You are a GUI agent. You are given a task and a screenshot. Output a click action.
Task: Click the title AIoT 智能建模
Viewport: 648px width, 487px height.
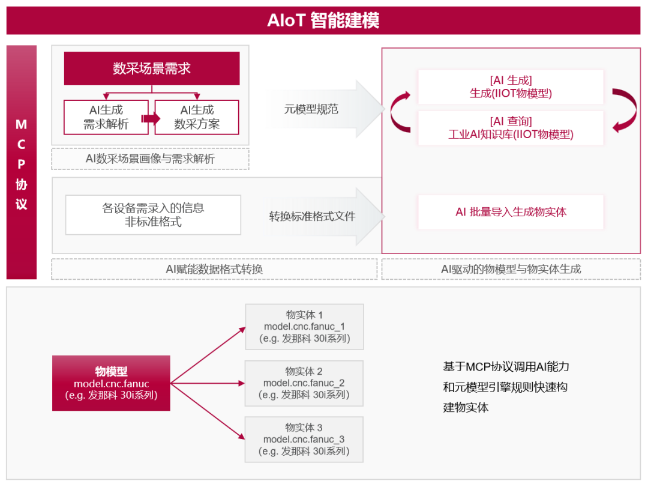(x=323, y=20)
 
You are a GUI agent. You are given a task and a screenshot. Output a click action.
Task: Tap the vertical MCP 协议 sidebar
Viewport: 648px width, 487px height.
(x=22, y=163)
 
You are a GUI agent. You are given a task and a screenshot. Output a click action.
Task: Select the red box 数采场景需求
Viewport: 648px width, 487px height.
(x=152, y=68)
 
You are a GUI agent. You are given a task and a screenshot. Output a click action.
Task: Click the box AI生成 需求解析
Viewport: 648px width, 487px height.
(x=106, y=117)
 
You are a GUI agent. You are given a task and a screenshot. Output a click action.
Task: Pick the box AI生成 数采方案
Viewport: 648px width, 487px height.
(x=197, y=117)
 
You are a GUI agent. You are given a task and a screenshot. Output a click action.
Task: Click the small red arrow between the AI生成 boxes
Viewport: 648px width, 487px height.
(x=151, y=118)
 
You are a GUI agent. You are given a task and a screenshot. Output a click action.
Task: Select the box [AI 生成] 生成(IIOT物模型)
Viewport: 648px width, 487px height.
(x=511, y=86)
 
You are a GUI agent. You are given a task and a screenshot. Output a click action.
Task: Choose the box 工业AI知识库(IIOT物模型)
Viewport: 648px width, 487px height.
(x=511, y=127)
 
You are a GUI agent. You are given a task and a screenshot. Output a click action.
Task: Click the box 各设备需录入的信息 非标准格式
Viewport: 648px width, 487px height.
(x=153, y=214)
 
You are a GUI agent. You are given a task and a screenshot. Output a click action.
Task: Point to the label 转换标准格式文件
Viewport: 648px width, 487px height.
(x=312, y=216)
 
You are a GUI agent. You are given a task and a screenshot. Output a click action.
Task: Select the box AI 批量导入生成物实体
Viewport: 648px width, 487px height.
(x=511, y=212)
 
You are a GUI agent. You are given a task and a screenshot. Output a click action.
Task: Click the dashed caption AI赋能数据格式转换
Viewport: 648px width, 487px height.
(x=214, y=269)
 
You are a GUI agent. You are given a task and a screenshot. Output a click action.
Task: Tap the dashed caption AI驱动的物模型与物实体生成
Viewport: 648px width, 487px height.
(x=511, y=269)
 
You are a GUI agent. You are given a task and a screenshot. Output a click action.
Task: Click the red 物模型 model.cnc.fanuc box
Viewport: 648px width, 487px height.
(x=111, y=383)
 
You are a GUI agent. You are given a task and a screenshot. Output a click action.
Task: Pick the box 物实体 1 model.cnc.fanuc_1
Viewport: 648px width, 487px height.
(x=304, y=327)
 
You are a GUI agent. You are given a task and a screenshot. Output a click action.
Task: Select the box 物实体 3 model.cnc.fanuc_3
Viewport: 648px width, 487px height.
(x=304, y=440)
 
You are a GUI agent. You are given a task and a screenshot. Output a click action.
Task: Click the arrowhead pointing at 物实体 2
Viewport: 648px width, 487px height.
(x=242, y=383)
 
